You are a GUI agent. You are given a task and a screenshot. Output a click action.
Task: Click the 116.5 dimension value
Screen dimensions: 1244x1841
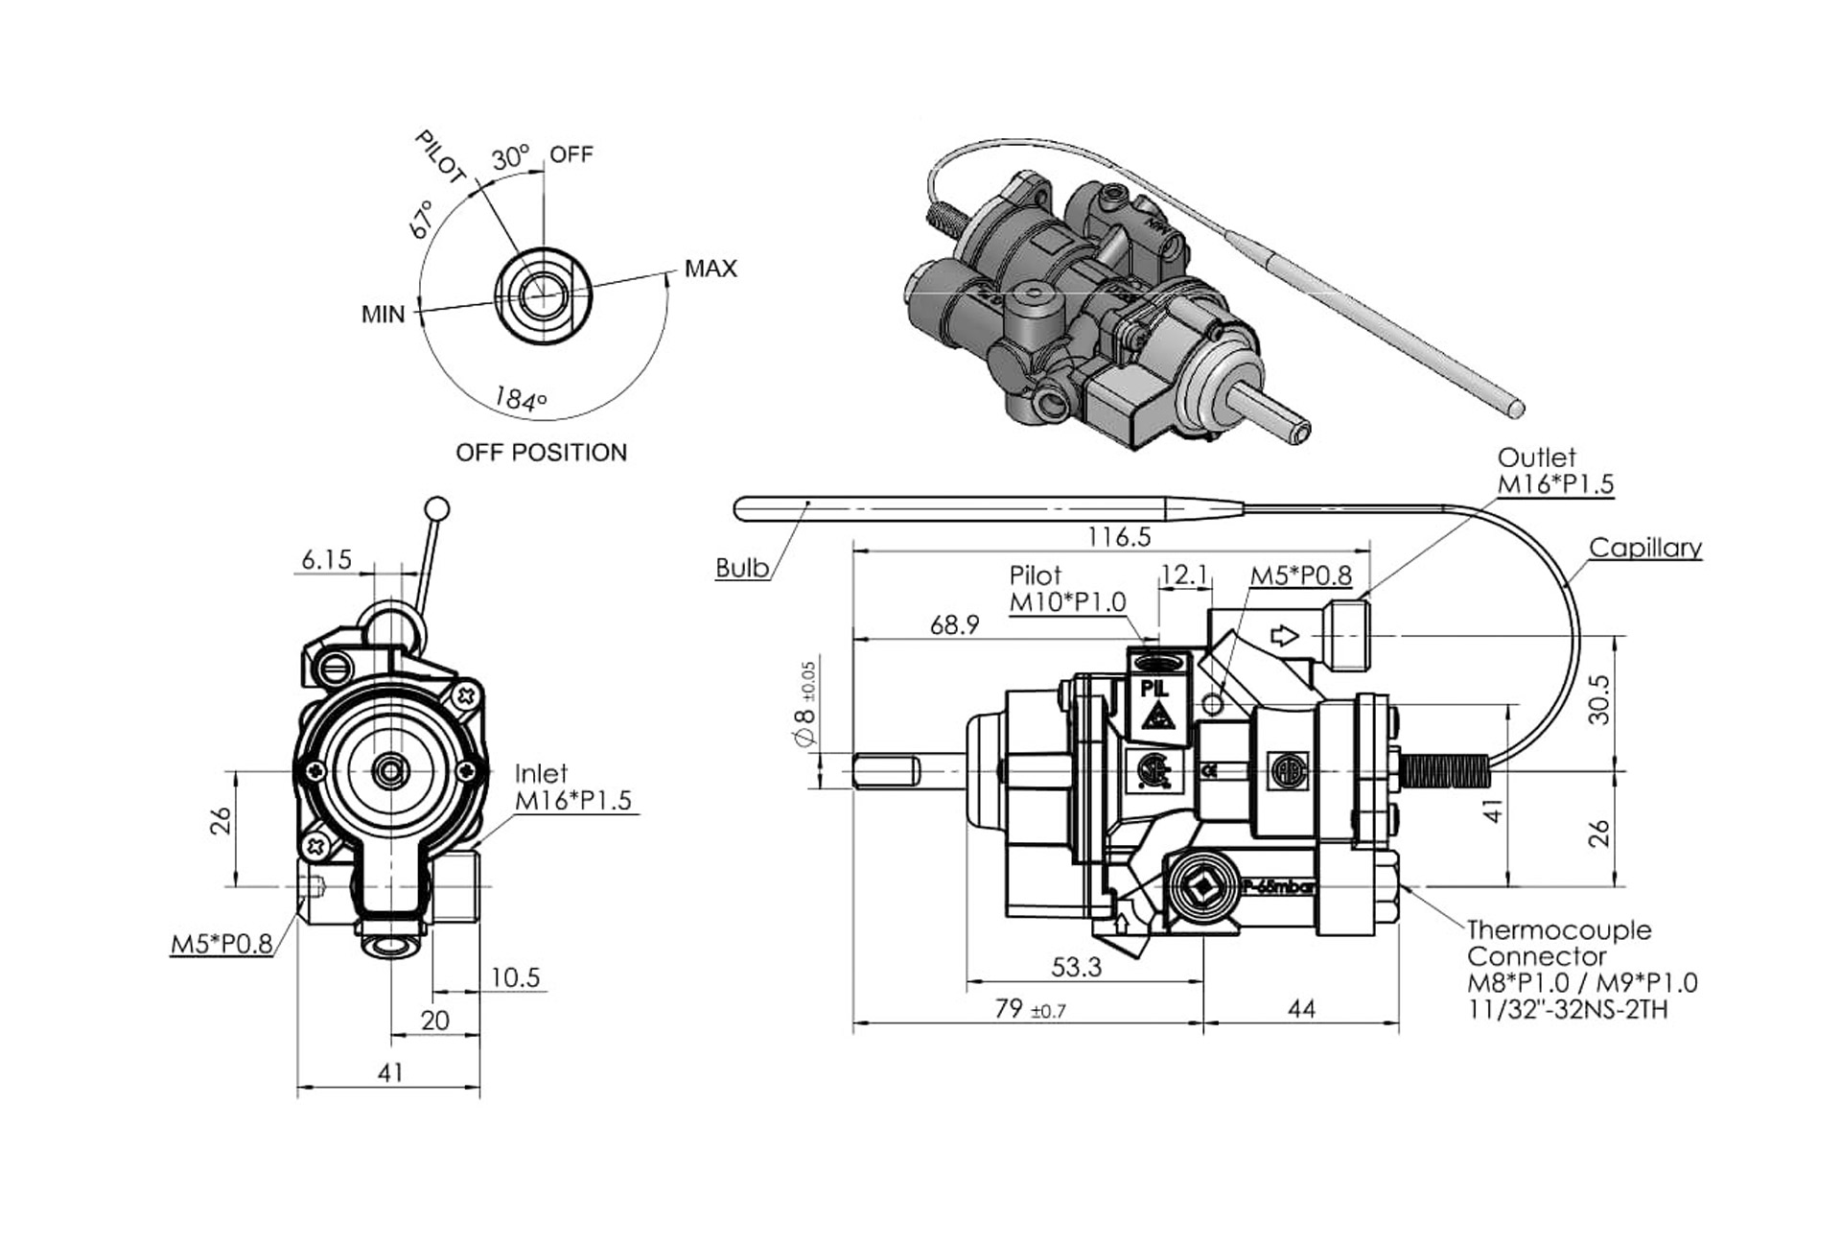tap(1119, 537)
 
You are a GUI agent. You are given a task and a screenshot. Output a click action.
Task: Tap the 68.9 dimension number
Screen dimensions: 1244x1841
tap(954, 625)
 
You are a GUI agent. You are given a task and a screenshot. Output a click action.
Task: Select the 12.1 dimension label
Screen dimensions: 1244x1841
tap(1183, 575)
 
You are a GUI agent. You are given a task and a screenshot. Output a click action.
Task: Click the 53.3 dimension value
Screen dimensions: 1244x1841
tap(1076, 967)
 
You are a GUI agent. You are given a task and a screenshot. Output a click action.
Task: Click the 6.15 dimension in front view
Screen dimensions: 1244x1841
tap(326, 559)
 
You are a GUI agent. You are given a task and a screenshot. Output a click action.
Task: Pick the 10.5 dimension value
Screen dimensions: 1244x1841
tap(516, 977)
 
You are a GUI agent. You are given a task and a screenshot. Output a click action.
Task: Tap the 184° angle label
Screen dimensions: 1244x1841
tap(520, 398)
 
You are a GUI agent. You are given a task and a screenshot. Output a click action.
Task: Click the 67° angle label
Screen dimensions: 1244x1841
tap(421, 220)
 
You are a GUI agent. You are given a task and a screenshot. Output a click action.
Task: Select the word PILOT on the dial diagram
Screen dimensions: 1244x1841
tap(440, 158)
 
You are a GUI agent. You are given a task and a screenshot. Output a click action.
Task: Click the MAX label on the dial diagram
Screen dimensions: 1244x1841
tap(711, 269)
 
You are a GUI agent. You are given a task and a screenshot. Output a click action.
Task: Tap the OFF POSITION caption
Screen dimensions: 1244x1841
tap(541, 452)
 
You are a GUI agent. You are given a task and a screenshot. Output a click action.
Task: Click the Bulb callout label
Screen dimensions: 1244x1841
tap(742, 568)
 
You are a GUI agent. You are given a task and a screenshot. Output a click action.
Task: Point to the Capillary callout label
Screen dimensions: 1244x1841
tap(1644, 548)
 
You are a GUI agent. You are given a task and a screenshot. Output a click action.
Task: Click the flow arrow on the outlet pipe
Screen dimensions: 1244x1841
tap(1284, 635)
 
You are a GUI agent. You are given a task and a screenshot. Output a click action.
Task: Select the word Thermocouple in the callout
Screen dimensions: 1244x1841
tap(1559, 929)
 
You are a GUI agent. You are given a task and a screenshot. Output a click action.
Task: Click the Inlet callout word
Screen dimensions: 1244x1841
tap(541, 773)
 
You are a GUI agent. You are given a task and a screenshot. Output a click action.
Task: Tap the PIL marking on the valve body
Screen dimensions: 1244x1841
tap(1154, 688)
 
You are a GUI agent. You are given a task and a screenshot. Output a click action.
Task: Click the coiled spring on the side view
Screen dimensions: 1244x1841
tap(1444, 771)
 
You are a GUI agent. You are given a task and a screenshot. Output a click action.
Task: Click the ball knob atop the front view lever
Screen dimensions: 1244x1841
tap(436, 508)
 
